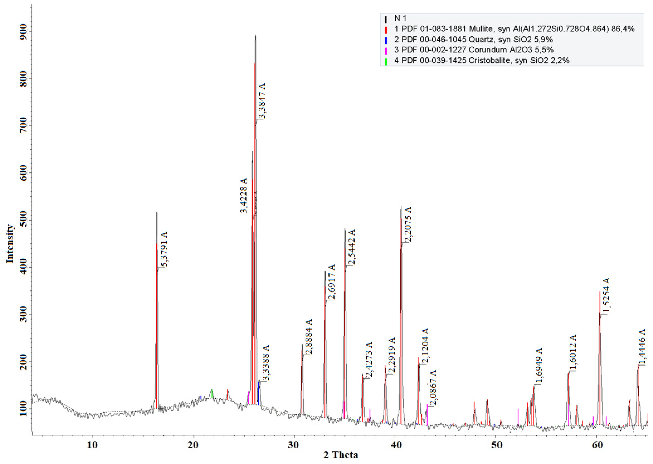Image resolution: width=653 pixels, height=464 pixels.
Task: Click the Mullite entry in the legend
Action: (514, 29)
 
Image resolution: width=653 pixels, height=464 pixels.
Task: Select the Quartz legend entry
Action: (474, 39)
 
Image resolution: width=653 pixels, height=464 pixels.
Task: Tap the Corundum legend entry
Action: (474, 50)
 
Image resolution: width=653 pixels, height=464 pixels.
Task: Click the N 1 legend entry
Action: (400, 18)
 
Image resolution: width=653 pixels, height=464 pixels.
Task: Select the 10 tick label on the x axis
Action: (92, 445)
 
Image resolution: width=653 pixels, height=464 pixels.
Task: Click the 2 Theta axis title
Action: (340, 455)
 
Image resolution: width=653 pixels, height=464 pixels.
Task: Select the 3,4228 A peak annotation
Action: (244, 196)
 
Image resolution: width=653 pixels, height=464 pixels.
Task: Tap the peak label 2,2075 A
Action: (408, 224)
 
